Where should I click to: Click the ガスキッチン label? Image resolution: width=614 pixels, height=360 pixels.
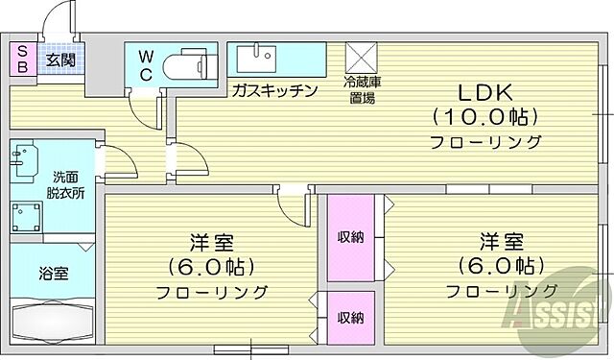point(273,90)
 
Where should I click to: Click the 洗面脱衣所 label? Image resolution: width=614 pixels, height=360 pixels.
point(67,184)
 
